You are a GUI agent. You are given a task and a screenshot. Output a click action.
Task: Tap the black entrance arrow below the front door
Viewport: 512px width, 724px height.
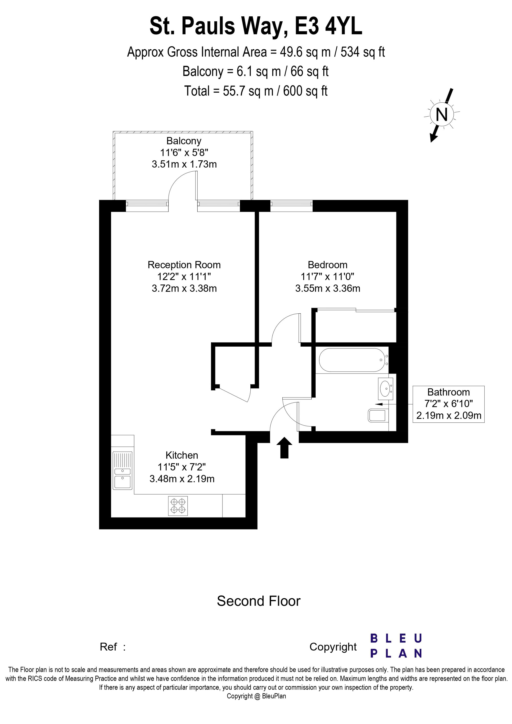click(x=284, y=447)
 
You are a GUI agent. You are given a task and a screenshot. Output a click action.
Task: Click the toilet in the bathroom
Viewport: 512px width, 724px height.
click(x=378, y=416)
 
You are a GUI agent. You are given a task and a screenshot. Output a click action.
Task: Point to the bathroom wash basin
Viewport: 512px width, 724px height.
click(x=385, y=389)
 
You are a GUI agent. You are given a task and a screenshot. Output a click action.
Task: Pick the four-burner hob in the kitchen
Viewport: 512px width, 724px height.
click(x=178, y=506)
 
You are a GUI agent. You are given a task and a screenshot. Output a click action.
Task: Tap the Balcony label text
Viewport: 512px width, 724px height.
click(x=184, y=141)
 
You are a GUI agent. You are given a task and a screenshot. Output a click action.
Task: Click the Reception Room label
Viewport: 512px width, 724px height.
click(x=184, y=265)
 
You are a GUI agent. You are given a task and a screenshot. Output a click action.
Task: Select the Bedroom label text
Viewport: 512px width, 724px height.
click(x=327, y=265)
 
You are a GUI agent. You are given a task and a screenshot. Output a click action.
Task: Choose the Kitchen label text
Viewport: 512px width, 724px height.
click(x=182, y=455)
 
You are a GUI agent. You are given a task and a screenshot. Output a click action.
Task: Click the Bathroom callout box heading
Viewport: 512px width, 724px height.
click(x=448, y=392)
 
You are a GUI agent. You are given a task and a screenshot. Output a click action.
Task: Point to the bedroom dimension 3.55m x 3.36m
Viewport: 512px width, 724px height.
click(x=327, y=288)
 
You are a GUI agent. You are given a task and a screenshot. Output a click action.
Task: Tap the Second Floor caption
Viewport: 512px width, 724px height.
click(x=259, y=601)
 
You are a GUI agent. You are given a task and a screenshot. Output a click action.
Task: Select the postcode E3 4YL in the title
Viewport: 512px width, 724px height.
click(x=328, y=27)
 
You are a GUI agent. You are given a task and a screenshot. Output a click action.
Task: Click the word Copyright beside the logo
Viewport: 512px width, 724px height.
click(x=333, y=647)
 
